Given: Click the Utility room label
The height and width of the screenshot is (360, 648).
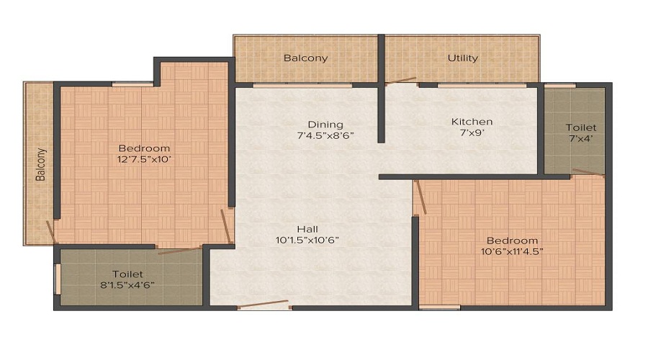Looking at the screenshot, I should point(462,58).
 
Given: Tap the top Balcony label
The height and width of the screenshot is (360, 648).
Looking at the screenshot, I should point(305,58).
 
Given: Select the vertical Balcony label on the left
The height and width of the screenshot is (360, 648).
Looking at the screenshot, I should point(41,164).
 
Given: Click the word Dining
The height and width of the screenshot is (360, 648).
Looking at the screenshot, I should point(325,124).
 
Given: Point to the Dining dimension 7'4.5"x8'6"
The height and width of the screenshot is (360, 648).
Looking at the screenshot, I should point(325,135).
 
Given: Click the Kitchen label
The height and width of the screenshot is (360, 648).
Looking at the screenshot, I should point(472,121).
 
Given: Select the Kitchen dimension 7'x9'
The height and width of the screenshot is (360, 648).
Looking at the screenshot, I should point(472,133).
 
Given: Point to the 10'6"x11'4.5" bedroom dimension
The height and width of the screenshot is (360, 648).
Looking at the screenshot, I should point(512,251).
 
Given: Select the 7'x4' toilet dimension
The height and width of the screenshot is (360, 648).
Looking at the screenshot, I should point(580,139).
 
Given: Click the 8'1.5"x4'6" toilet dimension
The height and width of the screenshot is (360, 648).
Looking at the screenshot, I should point(127,284).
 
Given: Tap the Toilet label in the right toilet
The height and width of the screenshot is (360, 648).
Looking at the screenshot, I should point(581,127).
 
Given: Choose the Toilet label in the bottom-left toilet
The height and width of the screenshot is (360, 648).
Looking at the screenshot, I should point(127,274).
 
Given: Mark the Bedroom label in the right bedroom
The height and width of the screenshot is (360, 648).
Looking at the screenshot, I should point(512,240).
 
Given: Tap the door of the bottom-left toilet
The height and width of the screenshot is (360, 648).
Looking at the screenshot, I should point(179,250).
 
